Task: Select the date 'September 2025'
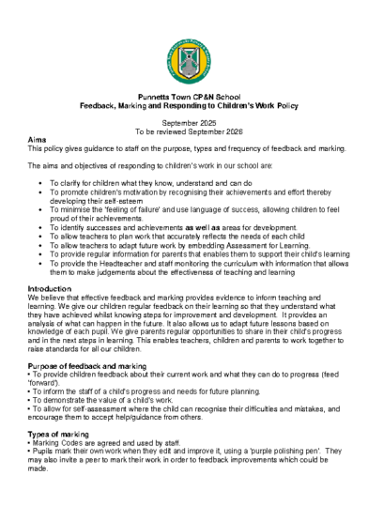click(x=183, y=123)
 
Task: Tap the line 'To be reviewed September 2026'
click(x=183, y=131)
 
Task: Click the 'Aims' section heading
click(x=38, y=140)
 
